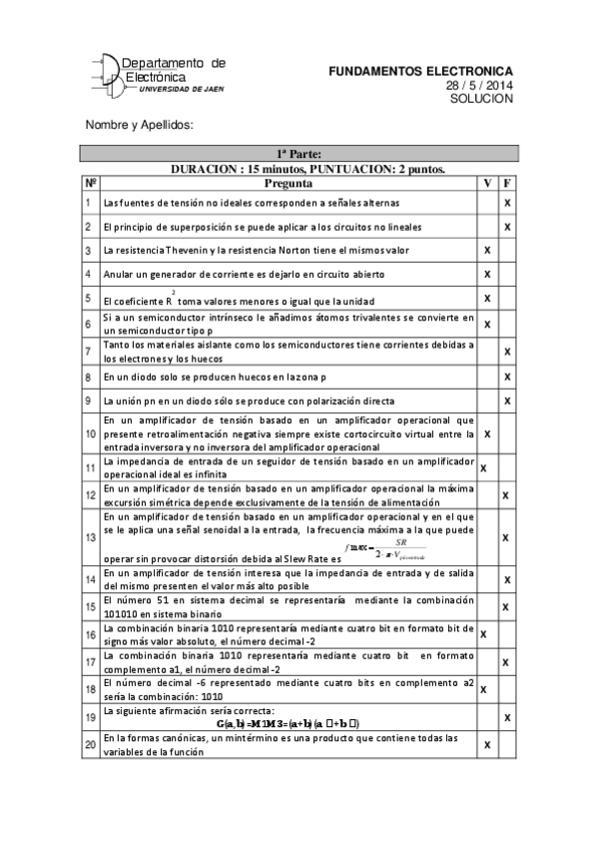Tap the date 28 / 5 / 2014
click(479, 86)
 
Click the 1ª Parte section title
click(299, 154)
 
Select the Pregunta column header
click(289, 183)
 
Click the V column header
click(487, 183)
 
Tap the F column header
click(507, 183)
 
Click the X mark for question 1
click(507, 203)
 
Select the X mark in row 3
click(487, 249)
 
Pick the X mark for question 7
click(507, 351)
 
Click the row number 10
click(91, 434)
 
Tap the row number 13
click(91, 537)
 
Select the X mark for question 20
click(487, 744)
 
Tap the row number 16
click(91, 633)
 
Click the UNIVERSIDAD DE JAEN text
click(182, 89)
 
